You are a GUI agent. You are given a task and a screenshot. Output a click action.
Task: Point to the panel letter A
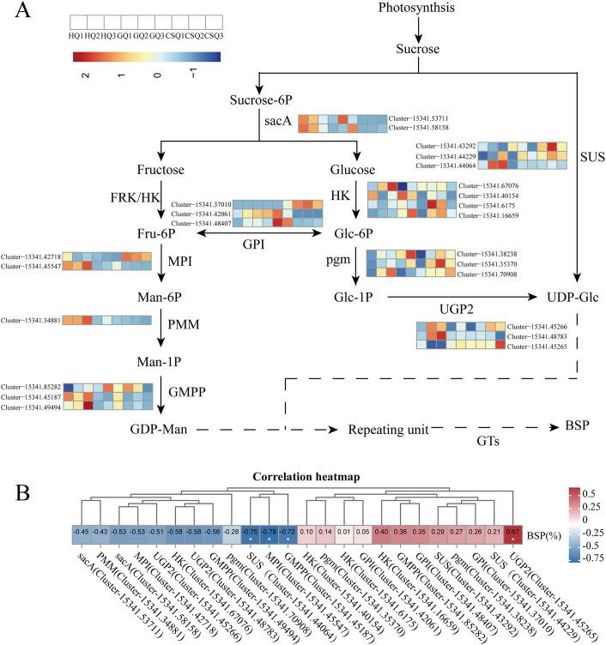click(20, 11)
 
